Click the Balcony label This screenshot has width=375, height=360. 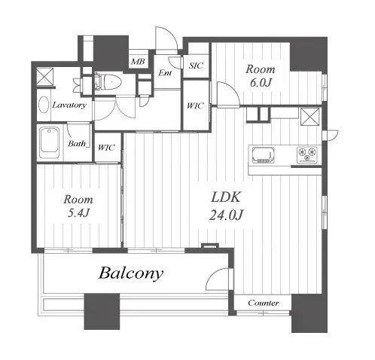[x=131, y=273]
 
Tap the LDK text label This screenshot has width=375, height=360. [x=226, y=197]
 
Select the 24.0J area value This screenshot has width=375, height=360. [x=226, y=215]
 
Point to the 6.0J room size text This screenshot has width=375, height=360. [x=261, y=83]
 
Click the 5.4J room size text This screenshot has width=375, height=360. [x=78, y=213]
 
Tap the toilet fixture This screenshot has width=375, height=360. [x=108, y=81]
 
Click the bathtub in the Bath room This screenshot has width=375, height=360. [x=50, y=143]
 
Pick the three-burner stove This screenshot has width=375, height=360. [x=307, y=155]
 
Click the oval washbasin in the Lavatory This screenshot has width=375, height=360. [x=44, y=105]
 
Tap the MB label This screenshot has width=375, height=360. [x=138, y=61]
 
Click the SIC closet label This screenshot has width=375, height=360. [x=196, y=66]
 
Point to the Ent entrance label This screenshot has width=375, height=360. [x=165, y=73]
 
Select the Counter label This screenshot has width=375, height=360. [x=264, y=303]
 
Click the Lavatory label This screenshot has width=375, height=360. [x=69, y=105]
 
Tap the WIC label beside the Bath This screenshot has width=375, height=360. [x=106, y=148]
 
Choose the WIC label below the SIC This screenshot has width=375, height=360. [x=195, y=105]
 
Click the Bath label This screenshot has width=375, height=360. [x=77, y=144]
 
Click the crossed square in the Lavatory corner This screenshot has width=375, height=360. [x=45, y=76]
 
